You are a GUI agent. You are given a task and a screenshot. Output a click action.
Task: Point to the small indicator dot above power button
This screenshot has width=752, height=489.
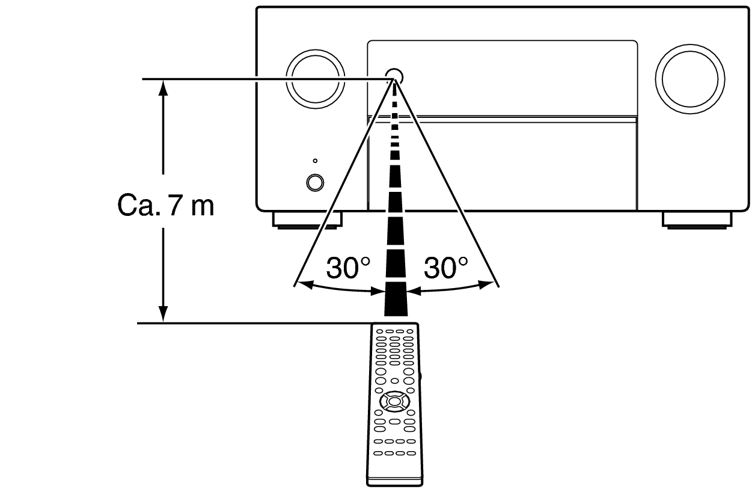[x=315, y=161]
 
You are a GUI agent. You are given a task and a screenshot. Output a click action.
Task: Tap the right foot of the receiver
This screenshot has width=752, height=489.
[x=697, y=220]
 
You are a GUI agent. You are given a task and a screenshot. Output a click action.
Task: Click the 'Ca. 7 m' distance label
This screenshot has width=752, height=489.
[x=165, y=206]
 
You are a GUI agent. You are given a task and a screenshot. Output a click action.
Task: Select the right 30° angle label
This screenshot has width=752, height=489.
[x=445, y=267]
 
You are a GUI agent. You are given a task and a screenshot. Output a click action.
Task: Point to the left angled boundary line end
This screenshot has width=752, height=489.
[x=295, y=283]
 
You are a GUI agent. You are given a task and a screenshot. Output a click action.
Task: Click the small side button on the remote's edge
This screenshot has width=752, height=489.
[x=419, y=377]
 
